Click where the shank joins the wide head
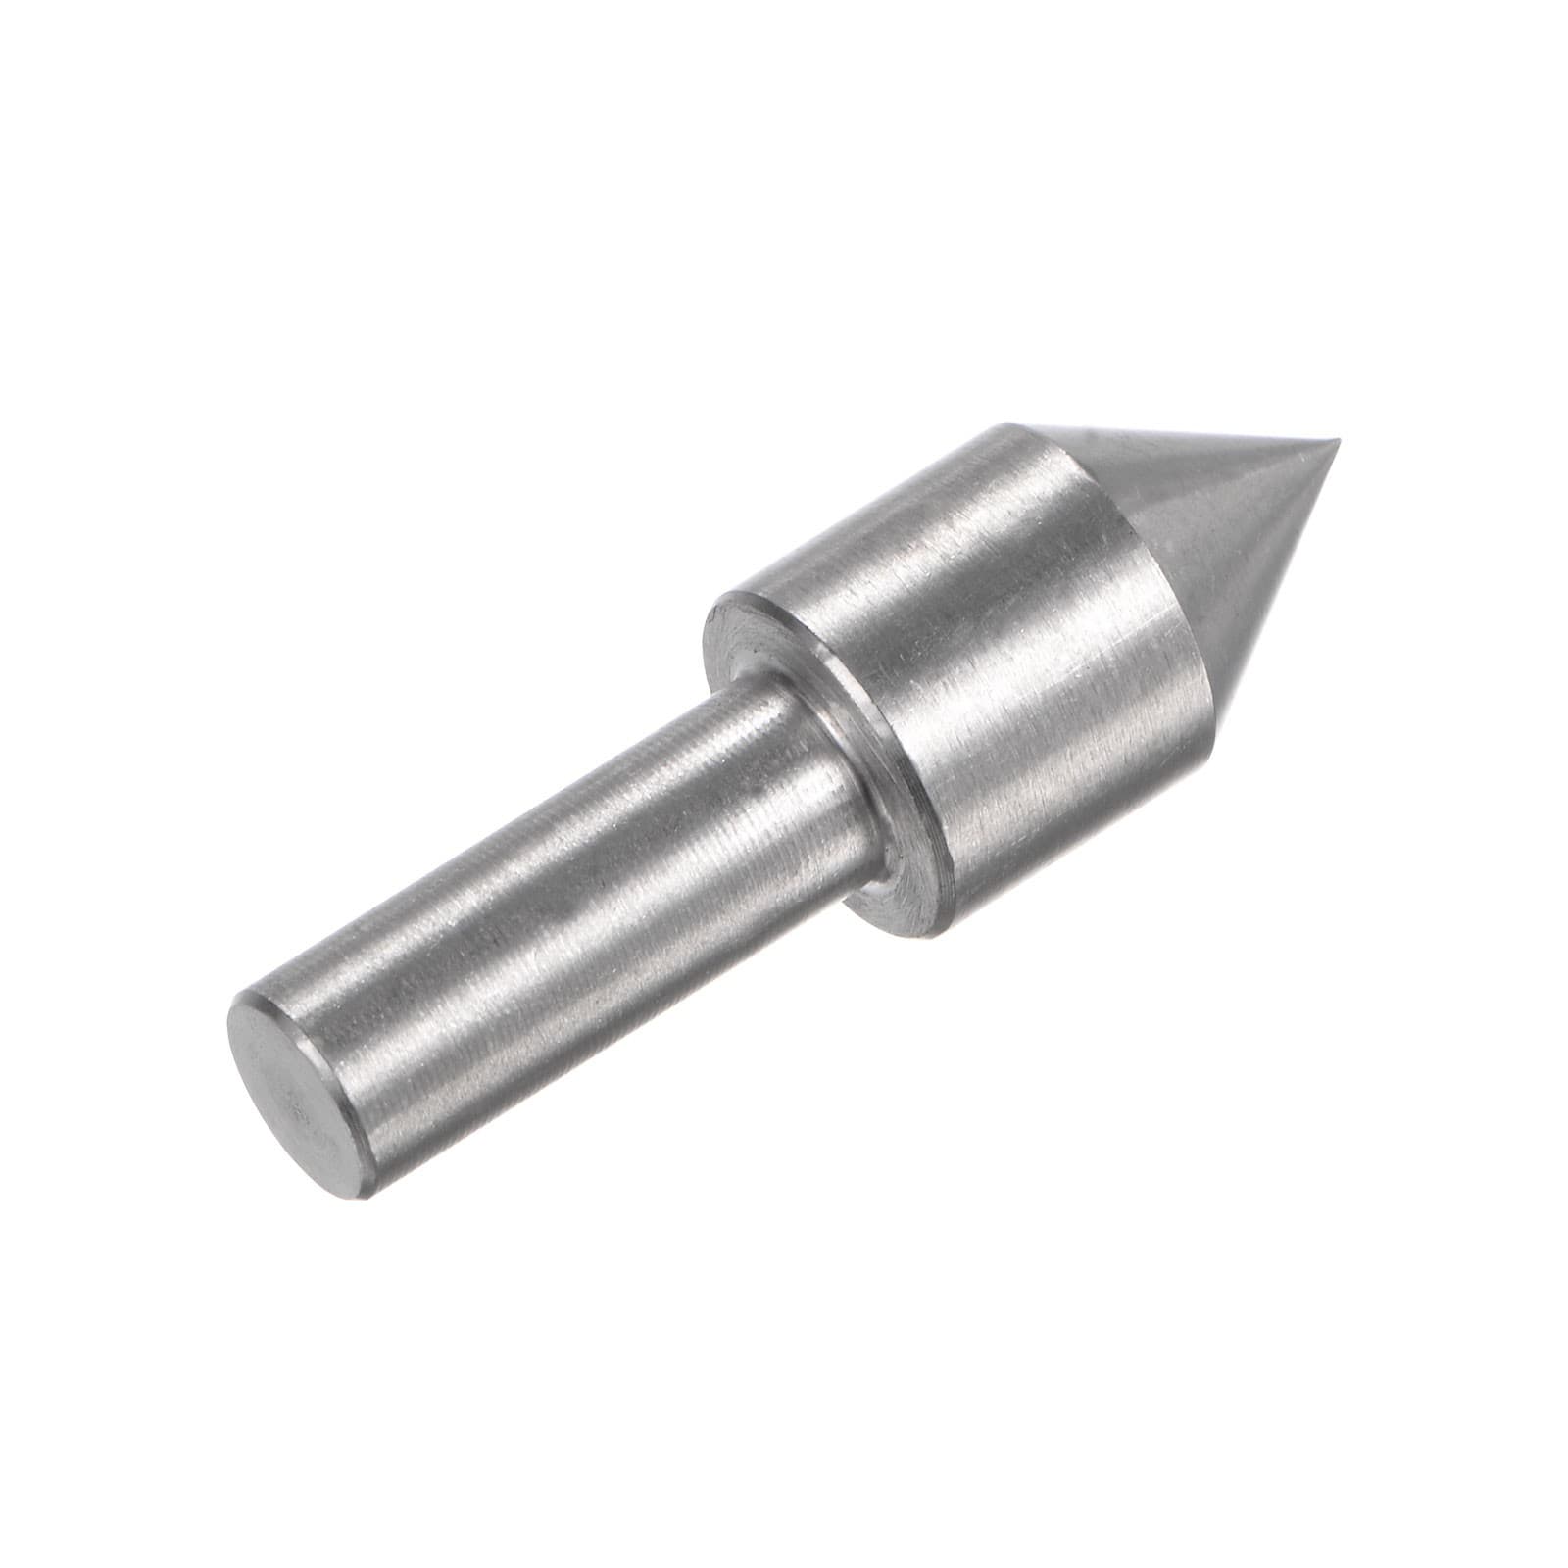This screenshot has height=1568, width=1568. point(833,774)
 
